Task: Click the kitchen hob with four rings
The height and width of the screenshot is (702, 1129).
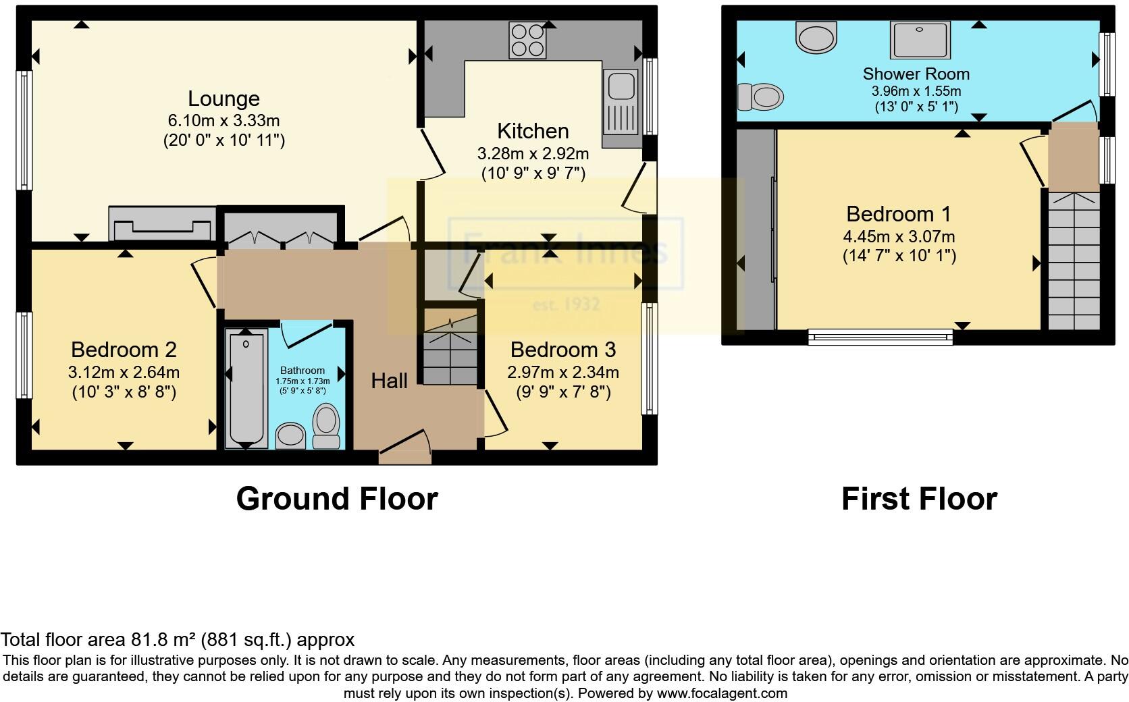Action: (x=528, y=40)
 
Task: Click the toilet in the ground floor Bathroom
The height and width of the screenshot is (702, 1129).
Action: (x=327, y=427)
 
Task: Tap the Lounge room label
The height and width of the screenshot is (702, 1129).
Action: (x=224, y=99)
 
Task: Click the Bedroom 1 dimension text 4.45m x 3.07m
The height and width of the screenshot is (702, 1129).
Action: (x=899, y=237)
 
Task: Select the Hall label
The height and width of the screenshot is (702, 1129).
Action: (x=389, y=381)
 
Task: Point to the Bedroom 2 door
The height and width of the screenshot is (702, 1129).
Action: (x=204, y=282)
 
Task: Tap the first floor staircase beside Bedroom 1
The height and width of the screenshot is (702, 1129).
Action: (x=1074, y=260)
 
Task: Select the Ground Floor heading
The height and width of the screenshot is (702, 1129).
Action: (x=337, y=499)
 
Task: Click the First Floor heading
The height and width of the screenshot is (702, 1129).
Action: (x=919, y=499)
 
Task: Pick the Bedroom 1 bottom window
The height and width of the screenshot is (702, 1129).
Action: (x=880, y=335)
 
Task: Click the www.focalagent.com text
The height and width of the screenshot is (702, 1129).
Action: (x=722, y=693)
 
